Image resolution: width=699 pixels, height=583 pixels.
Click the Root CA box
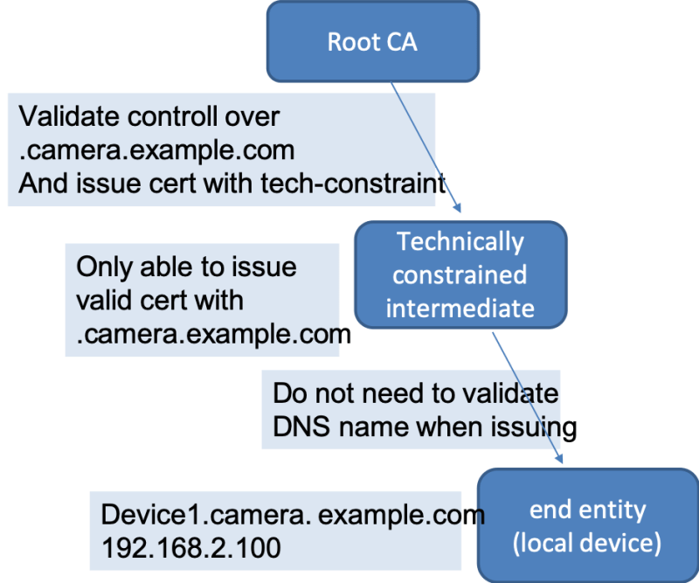click(x=372, y=42)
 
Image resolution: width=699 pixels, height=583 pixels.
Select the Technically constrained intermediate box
click(x=460, y=274)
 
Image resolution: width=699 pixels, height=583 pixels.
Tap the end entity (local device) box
click(x=587, y=525)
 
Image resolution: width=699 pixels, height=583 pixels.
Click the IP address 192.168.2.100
click(x=190, y=548)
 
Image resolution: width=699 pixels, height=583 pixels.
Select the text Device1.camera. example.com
click(x=293, y=515)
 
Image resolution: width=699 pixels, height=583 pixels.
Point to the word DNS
click(x=297, y=428)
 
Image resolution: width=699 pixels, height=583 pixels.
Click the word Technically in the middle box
click(x=460, y=242)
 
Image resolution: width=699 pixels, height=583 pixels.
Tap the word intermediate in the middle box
click(x=460, y=308)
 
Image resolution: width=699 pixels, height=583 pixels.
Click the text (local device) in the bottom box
click(x=587, y=543)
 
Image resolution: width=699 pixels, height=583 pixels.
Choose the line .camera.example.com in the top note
click(x=156, y=150)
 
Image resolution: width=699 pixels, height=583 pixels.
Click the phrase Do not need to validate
click(x=415, y=393)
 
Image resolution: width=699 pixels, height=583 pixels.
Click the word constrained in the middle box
click(x=460, y=274)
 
